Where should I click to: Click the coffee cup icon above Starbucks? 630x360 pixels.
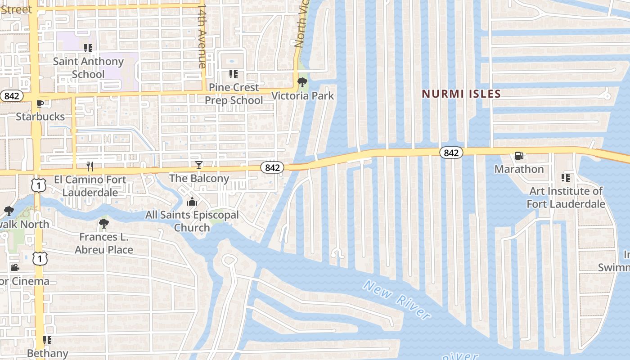40,103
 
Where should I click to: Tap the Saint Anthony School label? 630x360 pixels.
88,67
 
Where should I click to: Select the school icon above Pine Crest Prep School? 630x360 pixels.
233,74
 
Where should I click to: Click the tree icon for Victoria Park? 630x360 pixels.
302,82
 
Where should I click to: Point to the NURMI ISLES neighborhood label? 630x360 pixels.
461,94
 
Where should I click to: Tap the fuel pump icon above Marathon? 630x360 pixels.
519,156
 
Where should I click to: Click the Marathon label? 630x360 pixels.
519,169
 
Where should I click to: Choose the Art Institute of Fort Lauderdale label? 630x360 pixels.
566,198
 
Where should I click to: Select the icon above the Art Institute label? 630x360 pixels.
566,178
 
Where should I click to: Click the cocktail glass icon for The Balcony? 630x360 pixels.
198,165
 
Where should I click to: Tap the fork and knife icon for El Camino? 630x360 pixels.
90,166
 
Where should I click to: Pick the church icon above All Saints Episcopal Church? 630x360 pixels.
192,202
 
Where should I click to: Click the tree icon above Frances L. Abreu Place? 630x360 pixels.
104,223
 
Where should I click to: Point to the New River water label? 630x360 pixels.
396,299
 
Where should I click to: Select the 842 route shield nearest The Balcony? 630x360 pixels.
272,167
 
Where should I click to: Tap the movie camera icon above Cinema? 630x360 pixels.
15,268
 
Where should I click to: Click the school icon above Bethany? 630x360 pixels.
47,340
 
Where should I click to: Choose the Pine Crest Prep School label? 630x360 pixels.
234,94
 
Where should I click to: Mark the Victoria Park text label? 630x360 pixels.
303,96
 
